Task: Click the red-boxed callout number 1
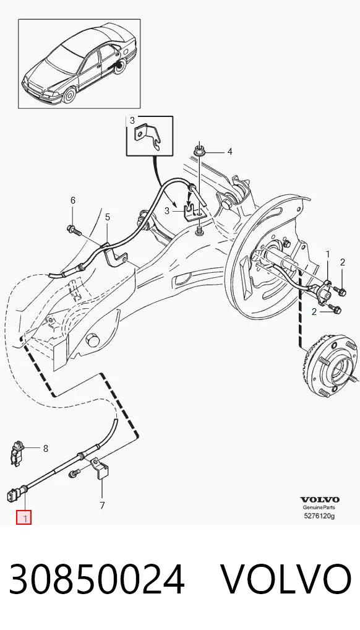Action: (24, 518)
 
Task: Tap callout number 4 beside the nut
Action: (229, 152)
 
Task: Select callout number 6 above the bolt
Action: (73, 200)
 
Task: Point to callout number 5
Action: (107, 217)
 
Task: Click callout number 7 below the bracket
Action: (102, 505)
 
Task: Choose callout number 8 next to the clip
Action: (45, 448)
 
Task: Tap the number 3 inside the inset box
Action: (132, 121)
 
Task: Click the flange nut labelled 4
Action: (198, 151)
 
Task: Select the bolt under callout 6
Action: (74, 230)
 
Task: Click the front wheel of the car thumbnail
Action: (69, 95)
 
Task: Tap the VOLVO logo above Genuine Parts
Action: (320, 500)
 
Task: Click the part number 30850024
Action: (97, 579)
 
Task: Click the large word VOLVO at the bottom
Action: (286, 579)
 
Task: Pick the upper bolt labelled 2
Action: (341, 292)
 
